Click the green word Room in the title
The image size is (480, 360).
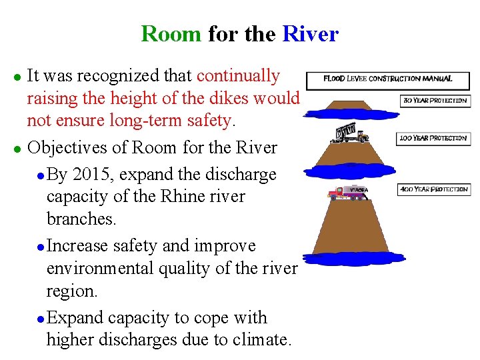[x=171, y=33]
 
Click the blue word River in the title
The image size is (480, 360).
[x=311, y=33]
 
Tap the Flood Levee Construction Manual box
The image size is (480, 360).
[x=387, y=80]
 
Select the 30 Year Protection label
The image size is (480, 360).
[x=434, y=101]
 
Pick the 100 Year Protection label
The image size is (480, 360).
[x=433, y=139]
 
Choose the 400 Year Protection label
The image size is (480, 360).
[x=433, y=190]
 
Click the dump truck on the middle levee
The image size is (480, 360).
[x=349, y=134]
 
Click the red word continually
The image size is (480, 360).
[x=238, y=76]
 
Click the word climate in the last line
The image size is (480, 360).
[x=263, y=340]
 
